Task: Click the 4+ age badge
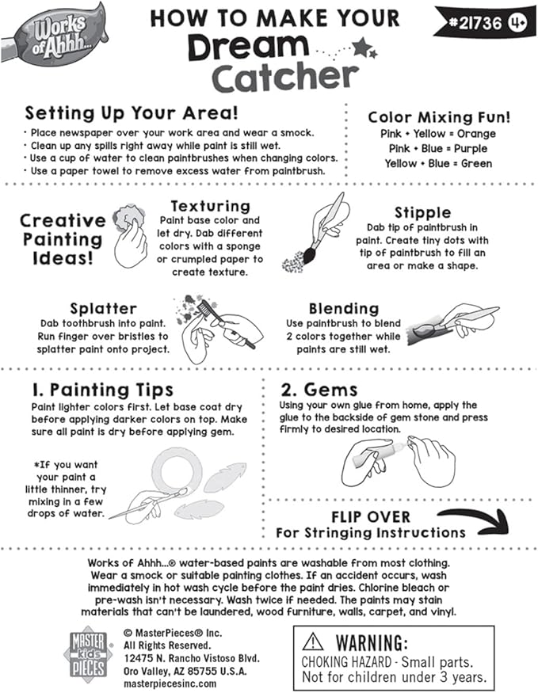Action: tap(520, 22)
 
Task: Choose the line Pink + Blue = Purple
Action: tap(438, 149)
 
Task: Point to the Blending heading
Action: tap(344, 308)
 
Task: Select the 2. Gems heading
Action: tap(319, 390)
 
